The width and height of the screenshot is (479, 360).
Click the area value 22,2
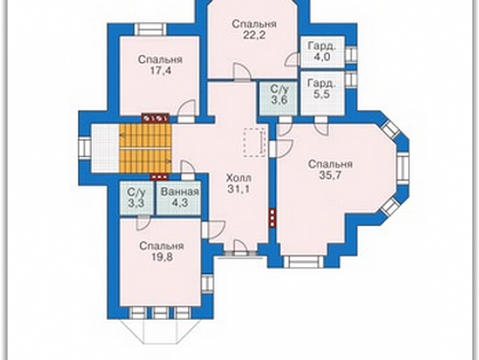(x=254, y=36)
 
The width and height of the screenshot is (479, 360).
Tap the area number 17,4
(x=160, y=70)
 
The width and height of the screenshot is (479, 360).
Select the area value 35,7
(x=330, y=175)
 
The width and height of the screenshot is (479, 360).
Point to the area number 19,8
(x=162, y=257)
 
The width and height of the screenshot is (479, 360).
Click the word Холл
(x=239, y=178)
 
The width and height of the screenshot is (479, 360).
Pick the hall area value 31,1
(x=239, y=189)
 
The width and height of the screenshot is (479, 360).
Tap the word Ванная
(x=180, y=192)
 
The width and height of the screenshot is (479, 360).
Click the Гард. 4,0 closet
(x=323, y=51)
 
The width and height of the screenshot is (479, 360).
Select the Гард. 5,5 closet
(x=323, y=93)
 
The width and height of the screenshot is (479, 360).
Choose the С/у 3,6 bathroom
(x=279, y=98)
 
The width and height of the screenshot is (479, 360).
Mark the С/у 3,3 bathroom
(x=136, y=198)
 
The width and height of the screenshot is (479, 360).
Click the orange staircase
(x=145, y=147)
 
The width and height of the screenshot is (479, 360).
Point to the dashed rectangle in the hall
(x=255, y=142)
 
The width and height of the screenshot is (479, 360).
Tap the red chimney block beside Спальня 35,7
(x=272, y=218)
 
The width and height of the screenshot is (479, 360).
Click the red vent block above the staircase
(x=156, y=118)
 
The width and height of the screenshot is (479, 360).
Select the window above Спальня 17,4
(x=150, y=29)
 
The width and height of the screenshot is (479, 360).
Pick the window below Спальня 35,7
(x=304, y=262)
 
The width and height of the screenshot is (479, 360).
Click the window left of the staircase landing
(x=85, y=149)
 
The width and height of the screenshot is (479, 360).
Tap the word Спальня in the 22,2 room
(x=254, y=24)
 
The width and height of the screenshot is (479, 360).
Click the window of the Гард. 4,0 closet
(x=351, y=55)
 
